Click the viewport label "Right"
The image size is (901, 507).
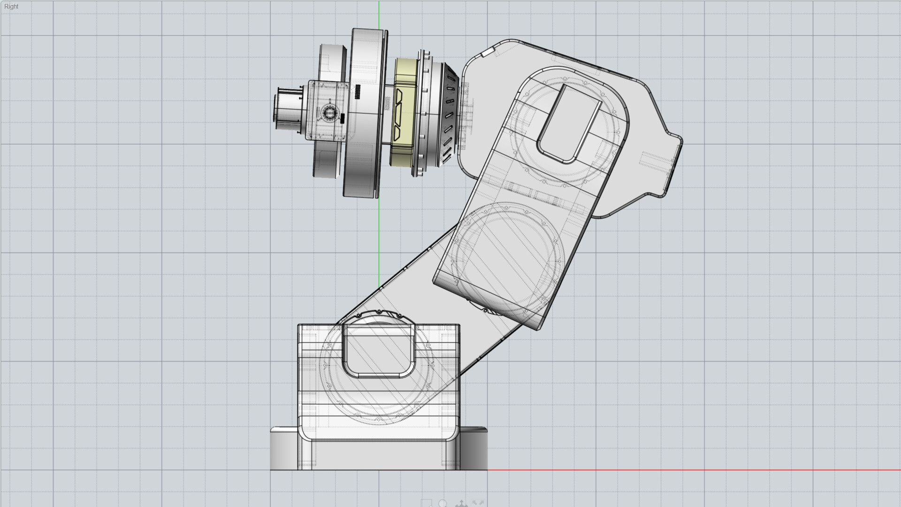pyautogui.click(x=11, y=7)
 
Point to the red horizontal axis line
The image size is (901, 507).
pyautogui.click(x=704, y=469)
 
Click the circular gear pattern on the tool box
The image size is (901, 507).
pyautogui.click(x=329, y=112)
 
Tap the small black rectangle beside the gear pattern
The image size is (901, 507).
pyautogui.click(x=343, y=118)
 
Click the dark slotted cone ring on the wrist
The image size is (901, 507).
pyautogui.click(x=448, y=113)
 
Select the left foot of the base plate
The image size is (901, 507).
pyautogui.click(x=284, y=448)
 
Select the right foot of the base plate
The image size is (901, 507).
pyautogui.click(x=474, y=448)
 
